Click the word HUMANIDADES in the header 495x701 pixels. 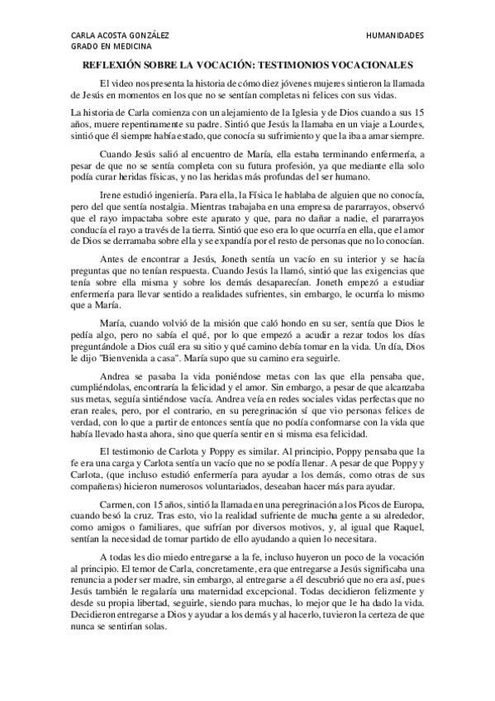coord(394,36)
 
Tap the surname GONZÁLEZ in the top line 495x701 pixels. coord(147,36)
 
